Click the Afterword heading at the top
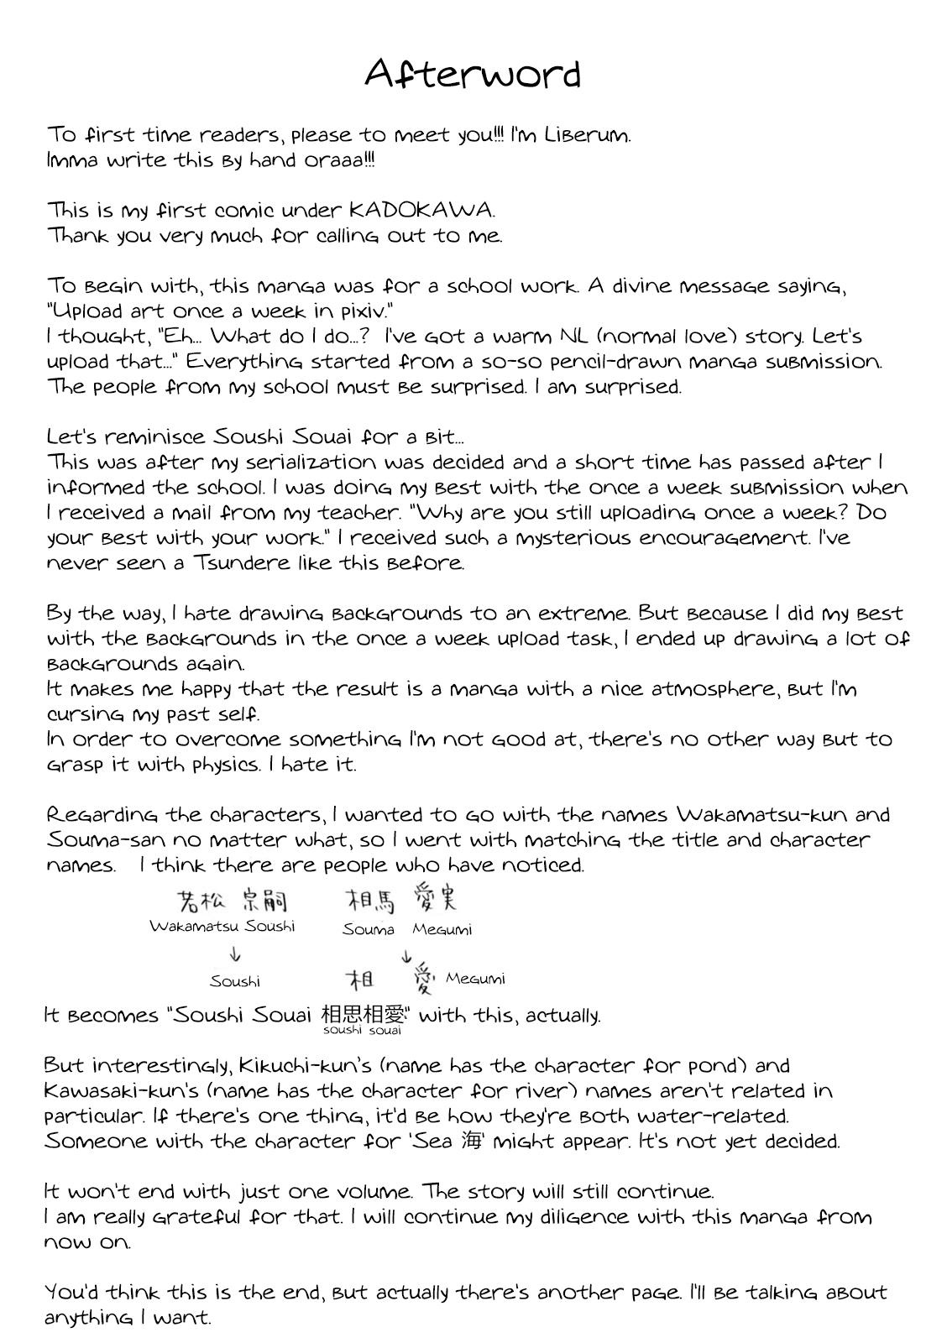[x=473, y=74]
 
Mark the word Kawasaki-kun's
[x=117, y=1091]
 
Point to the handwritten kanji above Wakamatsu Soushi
[x=233, y=901]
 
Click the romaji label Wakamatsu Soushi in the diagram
[x=222, y=927]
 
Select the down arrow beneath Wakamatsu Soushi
[x=235, y=954]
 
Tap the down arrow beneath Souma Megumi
[x=406, y=954]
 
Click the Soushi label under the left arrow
[x=235, y=981]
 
